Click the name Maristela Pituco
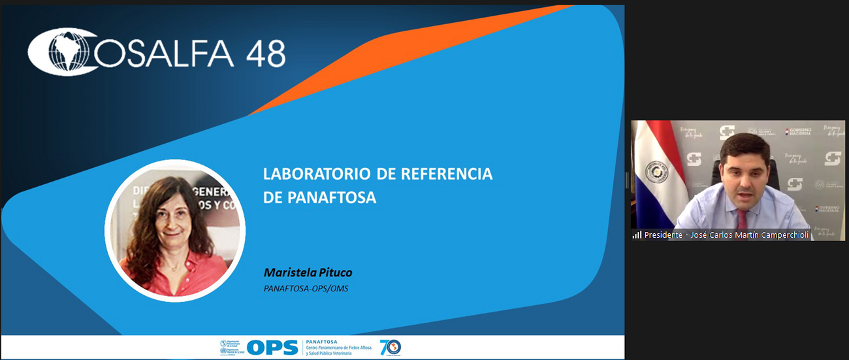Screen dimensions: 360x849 tap(308, 272)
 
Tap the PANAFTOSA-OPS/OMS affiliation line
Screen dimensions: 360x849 tap(306, 288)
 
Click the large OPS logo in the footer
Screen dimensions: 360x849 tap(273, 348)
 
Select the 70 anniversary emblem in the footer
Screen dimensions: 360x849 tap(390, 348)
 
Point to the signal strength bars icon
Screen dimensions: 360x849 tap(637, 235)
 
